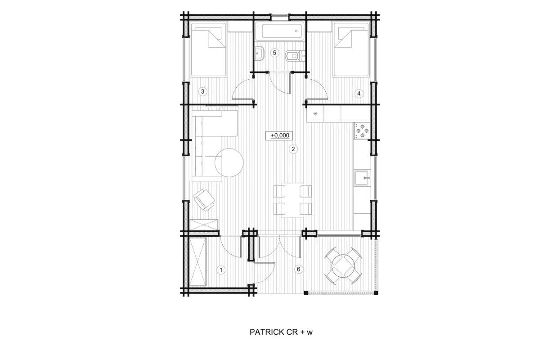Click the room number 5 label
tap(274, 53)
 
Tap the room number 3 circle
tap(202, 91)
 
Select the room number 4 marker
tap(359, 94)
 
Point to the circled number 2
tap(293, 149)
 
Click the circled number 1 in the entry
tap(221, 270)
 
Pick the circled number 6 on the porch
tap(299, 269)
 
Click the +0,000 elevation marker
tap(279, 135)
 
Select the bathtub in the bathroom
tap(279, 31)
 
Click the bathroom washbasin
tap(260, 53)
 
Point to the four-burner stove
tap(362, 130)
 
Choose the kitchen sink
tap(362, 178)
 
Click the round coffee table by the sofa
tap(229, 163)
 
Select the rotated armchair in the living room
tap(204, 200)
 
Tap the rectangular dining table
tap(292, 200)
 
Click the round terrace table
tap(343, 266)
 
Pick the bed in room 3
tap(208, 50)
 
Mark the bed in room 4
tap(351, 50)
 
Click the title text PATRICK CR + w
tap(281, 332)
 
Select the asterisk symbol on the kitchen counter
tap(315, 114)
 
